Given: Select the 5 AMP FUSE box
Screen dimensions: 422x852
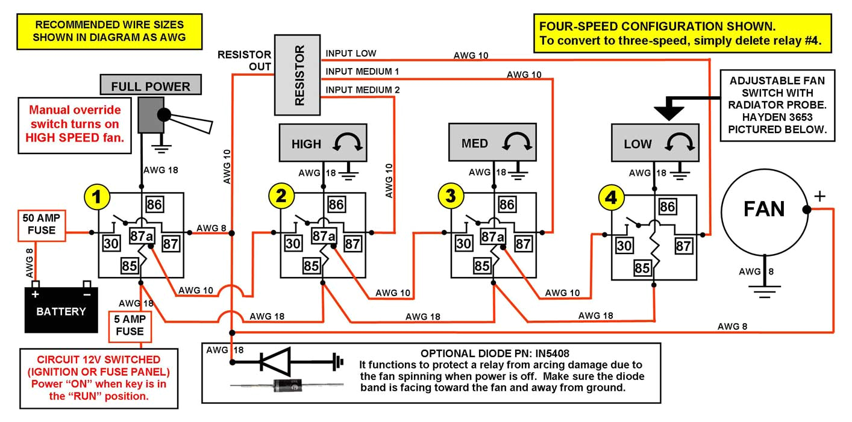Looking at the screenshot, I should [129, 326].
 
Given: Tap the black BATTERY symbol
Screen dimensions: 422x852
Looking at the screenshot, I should [61, 309].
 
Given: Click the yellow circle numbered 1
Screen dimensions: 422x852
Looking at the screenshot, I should [97, 196].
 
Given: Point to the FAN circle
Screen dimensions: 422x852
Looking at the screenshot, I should [764, 209].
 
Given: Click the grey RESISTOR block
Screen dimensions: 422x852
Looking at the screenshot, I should [298, 75].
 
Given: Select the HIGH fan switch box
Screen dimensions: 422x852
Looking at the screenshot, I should [323, 144].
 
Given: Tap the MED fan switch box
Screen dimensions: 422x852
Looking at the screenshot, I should [492, 143].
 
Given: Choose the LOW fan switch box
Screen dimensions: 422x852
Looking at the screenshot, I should [654, 143].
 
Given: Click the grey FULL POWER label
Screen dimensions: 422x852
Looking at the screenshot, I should [150, 86].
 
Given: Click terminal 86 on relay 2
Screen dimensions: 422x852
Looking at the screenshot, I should [336, 205].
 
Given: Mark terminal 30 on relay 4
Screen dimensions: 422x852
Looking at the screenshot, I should [624, 245].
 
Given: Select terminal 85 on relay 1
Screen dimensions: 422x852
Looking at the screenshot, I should [130, 265].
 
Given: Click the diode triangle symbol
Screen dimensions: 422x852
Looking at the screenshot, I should [275, 362].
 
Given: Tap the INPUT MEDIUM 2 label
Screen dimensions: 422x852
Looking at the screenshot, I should [362, 90].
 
